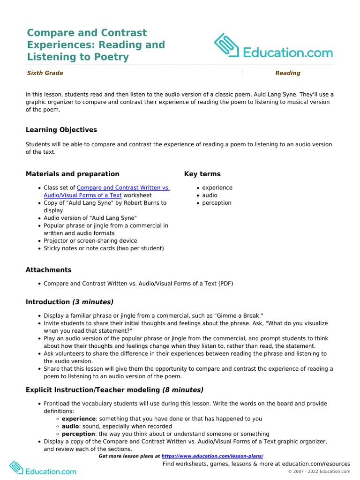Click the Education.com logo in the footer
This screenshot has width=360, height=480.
[x=43, y=469]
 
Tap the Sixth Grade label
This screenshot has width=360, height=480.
[x=45, y=73]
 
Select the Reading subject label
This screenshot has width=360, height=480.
[x=287, y=73]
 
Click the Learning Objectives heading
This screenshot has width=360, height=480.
[x=61, y=130]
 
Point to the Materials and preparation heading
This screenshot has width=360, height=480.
[x=72, y=174]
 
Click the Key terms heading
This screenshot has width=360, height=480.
[x=202, y=174]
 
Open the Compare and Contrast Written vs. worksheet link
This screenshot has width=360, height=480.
[x=123, y=188]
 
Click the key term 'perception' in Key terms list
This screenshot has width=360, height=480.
[x=217, y=203]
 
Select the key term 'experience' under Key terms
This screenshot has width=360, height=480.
[x=217, y=188]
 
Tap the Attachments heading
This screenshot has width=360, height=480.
[x=49, y=270]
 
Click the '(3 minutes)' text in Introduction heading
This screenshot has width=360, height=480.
[x=92, y=302]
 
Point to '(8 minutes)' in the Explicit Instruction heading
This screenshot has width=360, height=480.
[x=183, y=390]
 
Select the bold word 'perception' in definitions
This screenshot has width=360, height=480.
[x=78, y=434]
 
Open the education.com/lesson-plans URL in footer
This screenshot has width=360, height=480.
[x=212, y=456]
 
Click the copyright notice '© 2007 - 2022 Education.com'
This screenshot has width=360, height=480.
[x=319, y=472]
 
